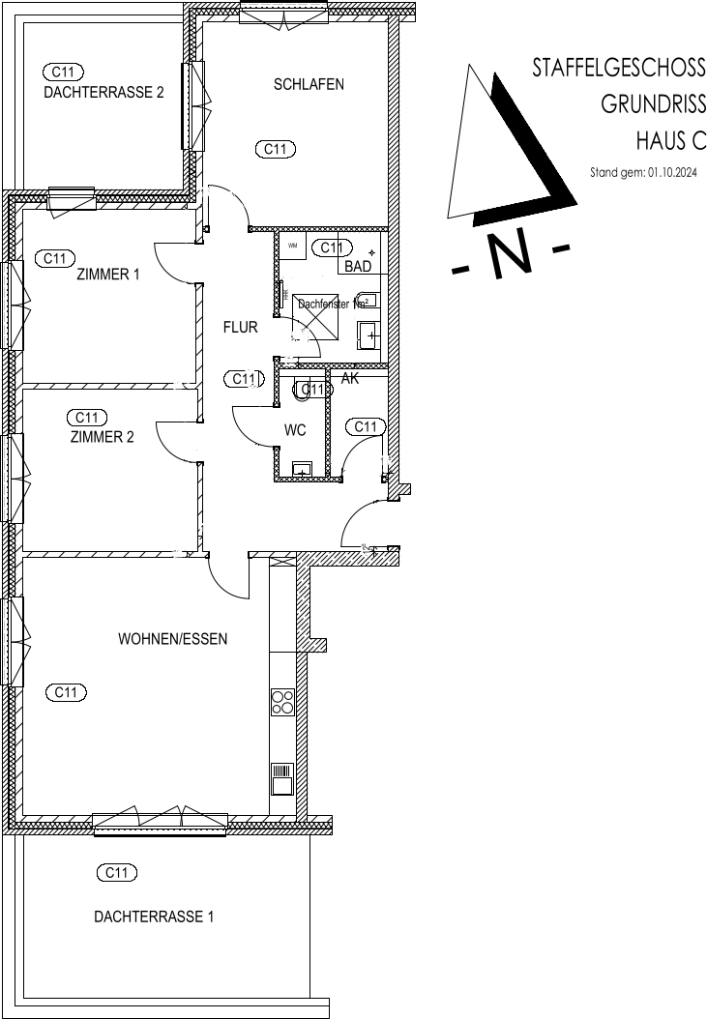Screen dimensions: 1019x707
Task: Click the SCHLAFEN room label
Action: [x=309, y=84]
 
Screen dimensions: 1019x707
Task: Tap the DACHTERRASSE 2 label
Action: [x=103, y=93]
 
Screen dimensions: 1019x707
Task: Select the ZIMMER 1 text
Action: [x=108, y=275]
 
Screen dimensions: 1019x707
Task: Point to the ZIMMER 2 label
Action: [x=102, y=437]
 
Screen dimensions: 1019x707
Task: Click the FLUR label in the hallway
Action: [x=240, y=328]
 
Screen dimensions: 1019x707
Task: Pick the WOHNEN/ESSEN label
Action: [x=172, y=639]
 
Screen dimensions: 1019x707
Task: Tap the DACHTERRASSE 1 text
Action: [x=154, y=917]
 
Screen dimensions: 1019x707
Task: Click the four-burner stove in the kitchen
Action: [x=282, y=701]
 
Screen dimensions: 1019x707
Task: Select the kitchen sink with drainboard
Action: [x=282, y=777]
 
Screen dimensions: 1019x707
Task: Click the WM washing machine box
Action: [x=293, y=246]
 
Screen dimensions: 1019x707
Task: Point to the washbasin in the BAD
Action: [x=369, y=335]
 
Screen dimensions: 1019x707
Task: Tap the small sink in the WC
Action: [x=303, y=471]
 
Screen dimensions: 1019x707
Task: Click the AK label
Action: [x=350, y=379]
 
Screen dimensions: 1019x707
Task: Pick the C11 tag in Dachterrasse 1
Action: [x=117, y=873]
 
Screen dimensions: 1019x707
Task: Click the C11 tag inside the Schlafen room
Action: [x=275, y=149]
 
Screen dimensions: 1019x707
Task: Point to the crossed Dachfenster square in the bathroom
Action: [x=315, y=315]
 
